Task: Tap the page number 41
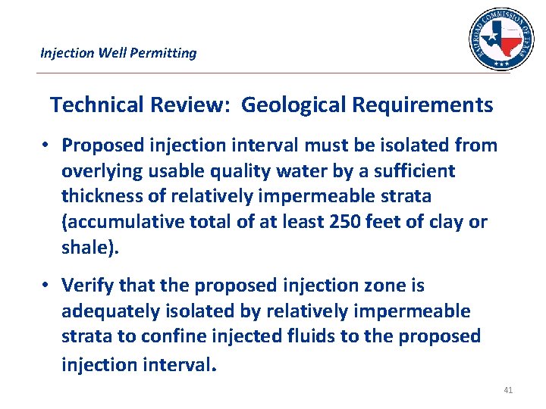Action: coord(507,390)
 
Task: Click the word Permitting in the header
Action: coord(165,53)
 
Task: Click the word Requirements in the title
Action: coord(422,105)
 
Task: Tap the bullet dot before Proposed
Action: coord(47,145)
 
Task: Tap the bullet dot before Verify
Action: coord(47,286)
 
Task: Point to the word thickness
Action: coord(102,196)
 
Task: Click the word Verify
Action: coord(86,286)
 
